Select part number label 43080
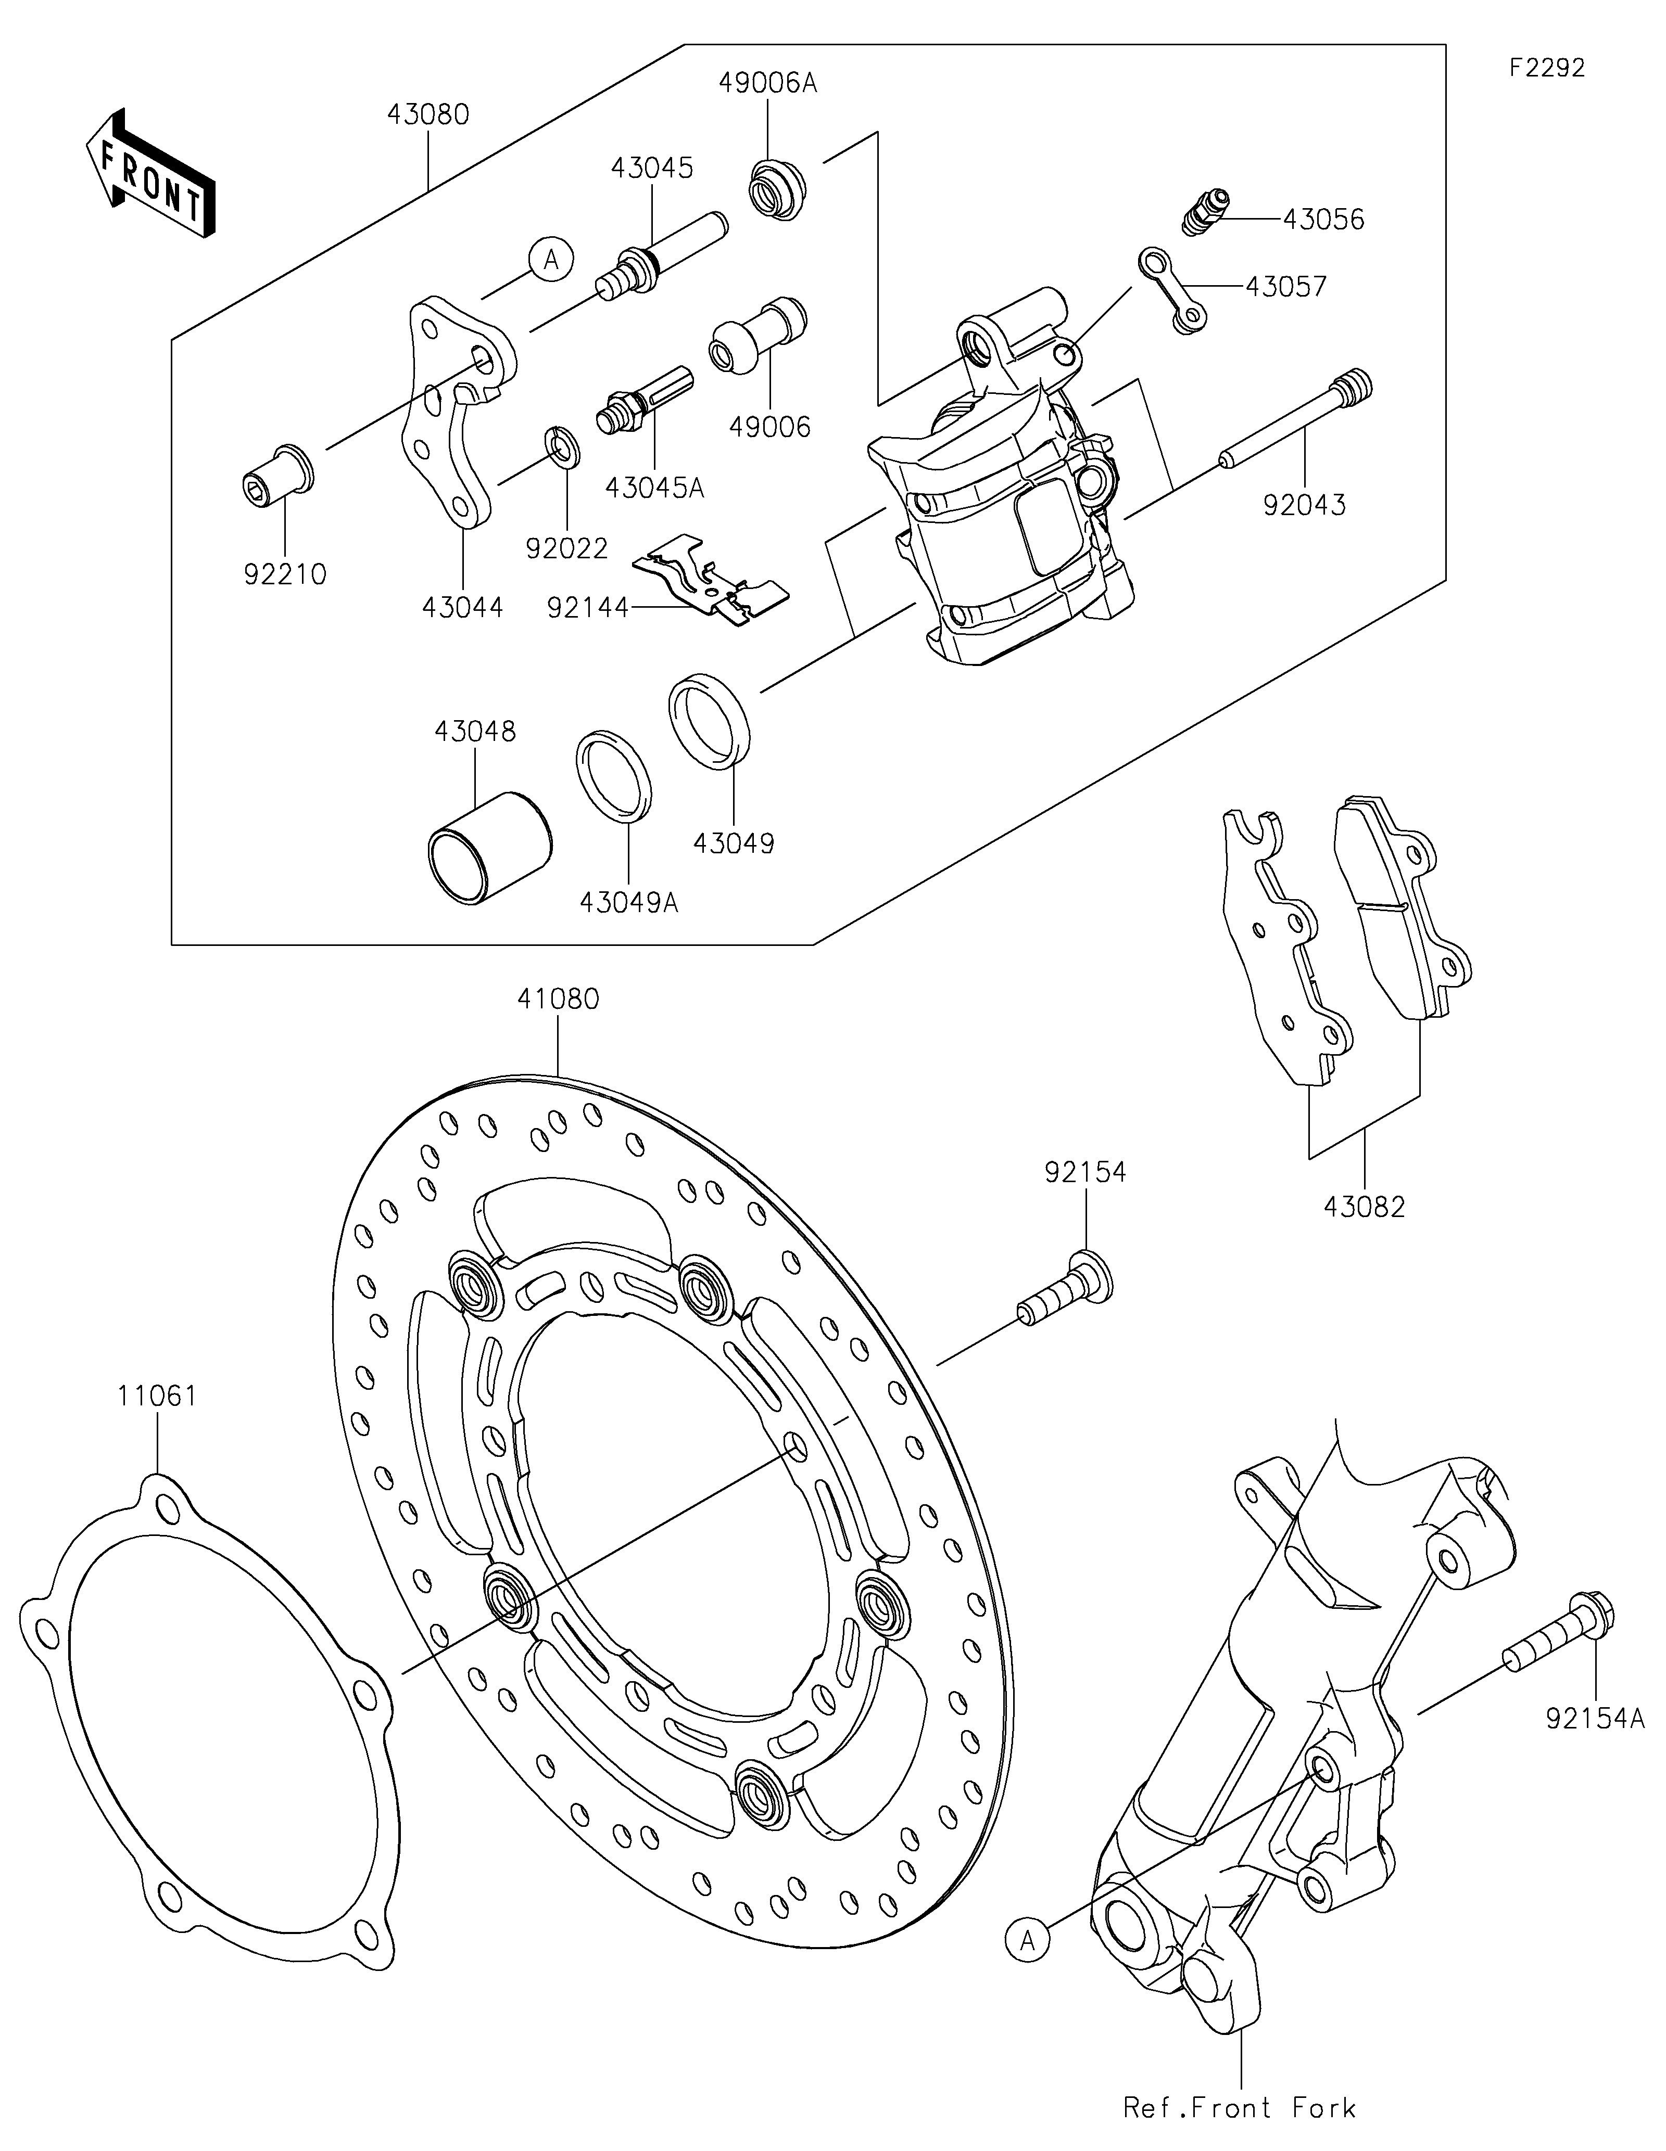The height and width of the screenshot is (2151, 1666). (x=427, y=114)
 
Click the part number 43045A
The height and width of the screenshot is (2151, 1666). (x=655, y=488)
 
